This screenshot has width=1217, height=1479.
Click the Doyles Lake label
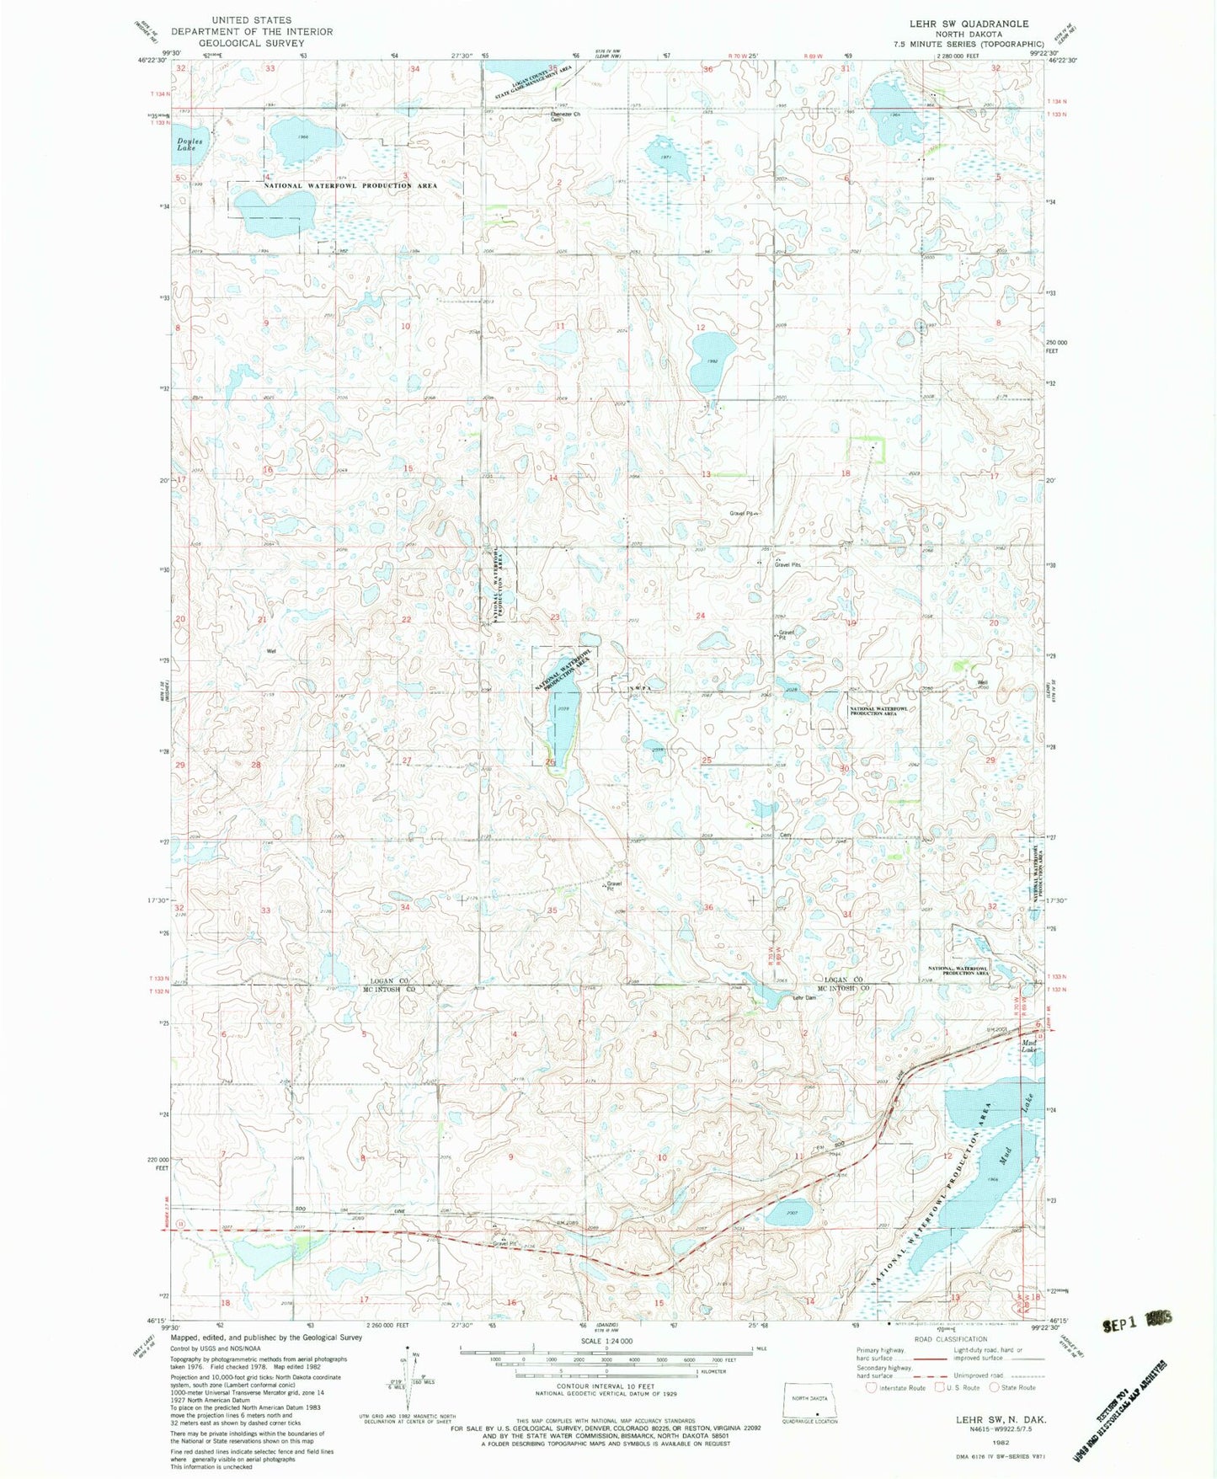coord(184,144)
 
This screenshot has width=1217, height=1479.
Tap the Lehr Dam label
coord(805,997)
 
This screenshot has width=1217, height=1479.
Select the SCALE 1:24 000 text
coord(605,1341)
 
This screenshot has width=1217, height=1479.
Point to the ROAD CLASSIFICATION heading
coord(951,1339)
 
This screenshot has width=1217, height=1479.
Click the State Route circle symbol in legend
coord(995,1387)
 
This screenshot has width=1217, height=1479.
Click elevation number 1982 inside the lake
coord(712,360)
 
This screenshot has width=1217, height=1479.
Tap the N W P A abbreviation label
coord(639,688)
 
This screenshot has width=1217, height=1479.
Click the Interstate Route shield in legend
coord(871,1387)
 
